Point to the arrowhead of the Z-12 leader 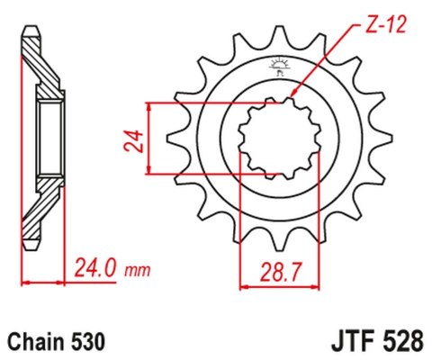(292, 96)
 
